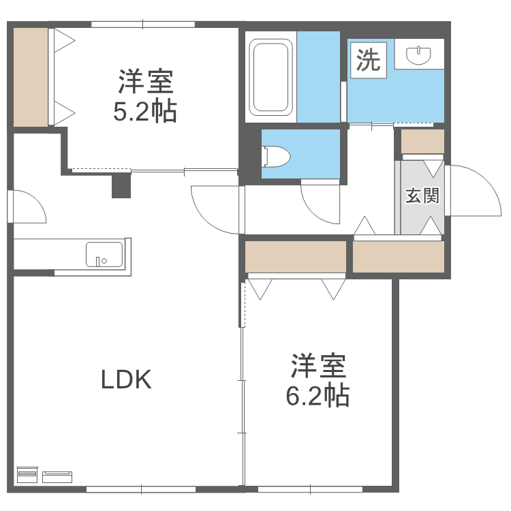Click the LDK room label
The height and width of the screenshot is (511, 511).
pos(126,379)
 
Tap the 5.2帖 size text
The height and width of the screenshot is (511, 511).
pos(145,110)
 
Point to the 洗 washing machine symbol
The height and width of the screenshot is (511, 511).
pos(369,61)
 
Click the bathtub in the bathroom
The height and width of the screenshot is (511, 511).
pos(271,77)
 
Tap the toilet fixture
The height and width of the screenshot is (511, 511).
pos(275,157)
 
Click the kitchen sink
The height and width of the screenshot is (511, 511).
pos(104,255)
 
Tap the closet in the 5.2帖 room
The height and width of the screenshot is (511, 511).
pos(31,77)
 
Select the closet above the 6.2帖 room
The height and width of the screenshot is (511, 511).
pos(296,256)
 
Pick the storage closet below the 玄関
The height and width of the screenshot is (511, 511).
pos(399,256)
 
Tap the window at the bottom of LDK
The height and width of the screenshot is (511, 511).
pos(142,488)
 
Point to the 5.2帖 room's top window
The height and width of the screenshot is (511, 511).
pos(143,25)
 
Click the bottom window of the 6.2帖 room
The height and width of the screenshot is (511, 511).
pos(310,488)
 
